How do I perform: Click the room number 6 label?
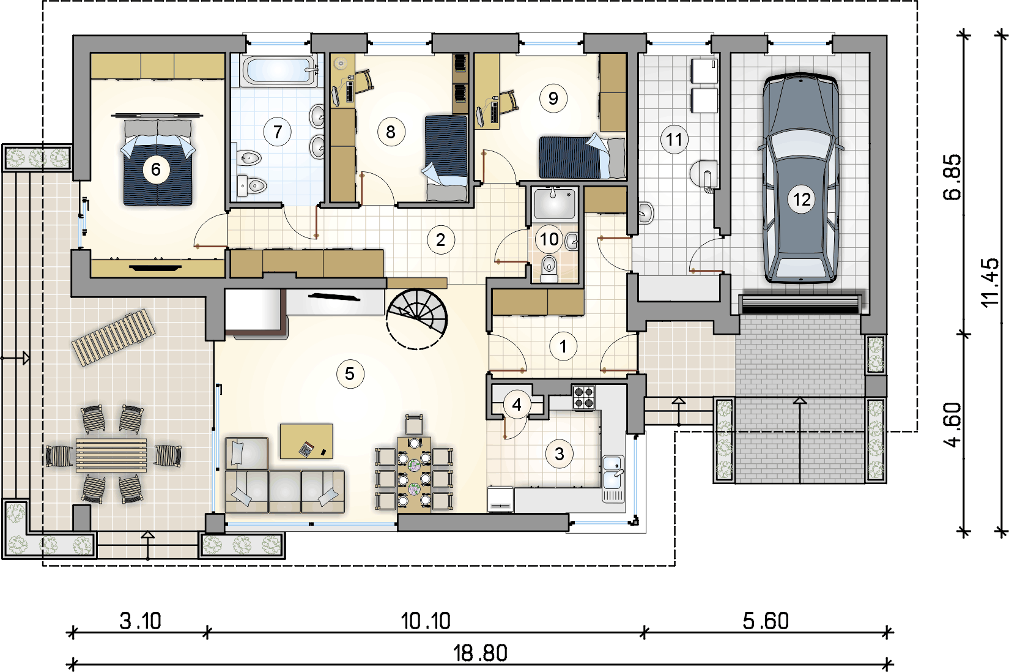pos(156,170)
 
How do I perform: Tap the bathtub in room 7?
pos(279,70)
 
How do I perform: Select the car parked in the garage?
pos(801,179)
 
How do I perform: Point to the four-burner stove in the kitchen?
pos(584,398)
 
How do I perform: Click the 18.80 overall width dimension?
pos(480,653)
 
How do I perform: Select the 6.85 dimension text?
pos(952,177)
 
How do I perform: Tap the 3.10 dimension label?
pos(140,621)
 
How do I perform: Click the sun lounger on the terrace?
pos(114,337)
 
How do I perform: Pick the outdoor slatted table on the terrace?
pos(111,455)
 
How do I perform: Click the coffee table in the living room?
pos(306,441)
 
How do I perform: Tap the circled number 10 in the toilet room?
pos(549,239)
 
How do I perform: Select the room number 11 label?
pos(674,140)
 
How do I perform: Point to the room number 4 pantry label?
pos(517,405)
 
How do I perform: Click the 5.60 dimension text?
pos(766,621)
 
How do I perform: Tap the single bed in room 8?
pos(446,158)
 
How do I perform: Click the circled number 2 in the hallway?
pos(440,240)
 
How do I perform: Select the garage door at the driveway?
pos(800,304)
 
